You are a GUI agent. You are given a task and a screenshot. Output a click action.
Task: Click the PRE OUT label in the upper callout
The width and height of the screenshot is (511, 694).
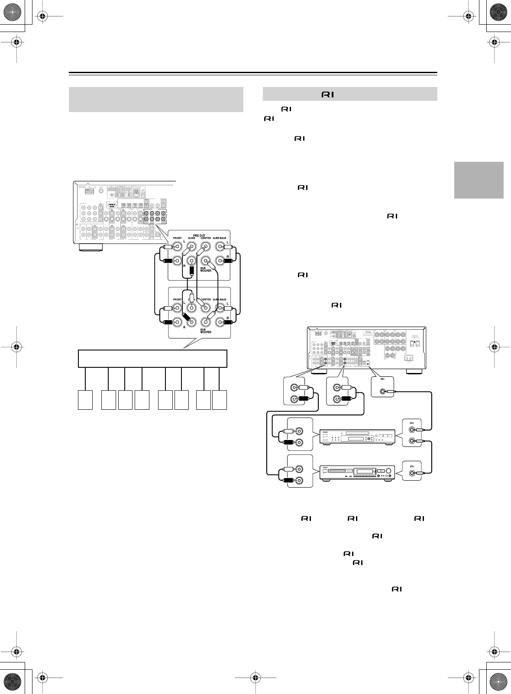[199, 235]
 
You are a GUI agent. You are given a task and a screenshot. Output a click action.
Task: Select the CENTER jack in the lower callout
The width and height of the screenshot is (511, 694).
[206, 308]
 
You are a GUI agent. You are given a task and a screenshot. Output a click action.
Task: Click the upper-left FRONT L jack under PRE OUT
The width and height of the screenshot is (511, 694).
[177, 247]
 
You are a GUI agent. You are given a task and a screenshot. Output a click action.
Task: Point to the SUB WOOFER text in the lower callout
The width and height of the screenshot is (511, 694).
[206, 331]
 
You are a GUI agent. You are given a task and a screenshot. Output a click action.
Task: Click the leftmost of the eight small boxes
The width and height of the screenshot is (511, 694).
[85, 399]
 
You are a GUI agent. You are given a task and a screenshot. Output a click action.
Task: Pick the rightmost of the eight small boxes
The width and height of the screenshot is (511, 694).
[220, 399]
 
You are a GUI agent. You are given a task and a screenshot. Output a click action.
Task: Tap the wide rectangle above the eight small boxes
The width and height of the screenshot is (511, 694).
[152, 358]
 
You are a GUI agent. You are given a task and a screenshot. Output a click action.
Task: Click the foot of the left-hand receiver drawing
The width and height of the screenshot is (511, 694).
[91, 247]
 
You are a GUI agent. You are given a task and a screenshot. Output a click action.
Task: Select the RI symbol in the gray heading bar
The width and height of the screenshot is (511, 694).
[327, 94]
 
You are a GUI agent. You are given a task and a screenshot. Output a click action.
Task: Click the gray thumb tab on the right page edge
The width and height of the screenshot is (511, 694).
[479, 180]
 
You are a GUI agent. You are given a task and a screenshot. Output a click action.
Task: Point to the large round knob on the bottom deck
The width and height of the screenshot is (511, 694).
[388, 471]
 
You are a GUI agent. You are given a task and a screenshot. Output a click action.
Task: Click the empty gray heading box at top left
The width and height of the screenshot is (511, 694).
[156, 100]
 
